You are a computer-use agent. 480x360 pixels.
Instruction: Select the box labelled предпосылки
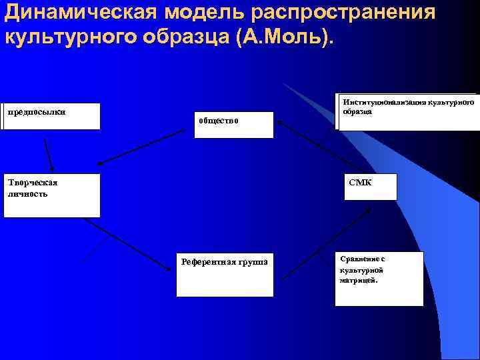51,116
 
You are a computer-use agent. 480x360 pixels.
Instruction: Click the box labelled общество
233,125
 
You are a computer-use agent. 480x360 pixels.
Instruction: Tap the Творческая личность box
51,195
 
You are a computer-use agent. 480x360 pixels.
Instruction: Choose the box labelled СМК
370,187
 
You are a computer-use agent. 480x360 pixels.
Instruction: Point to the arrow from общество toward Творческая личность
140,147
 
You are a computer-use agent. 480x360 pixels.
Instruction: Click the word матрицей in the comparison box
358,281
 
